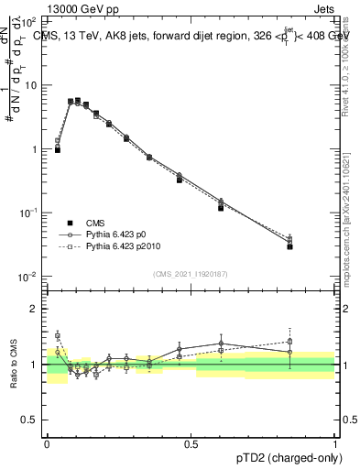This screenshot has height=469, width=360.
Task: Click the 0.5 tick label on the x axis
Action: pos(191,443)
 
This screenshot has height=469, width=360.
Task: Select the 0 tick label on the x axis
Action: pos(47,443)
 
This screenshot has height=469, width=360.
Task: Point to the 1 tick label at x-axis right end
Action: pos(334,443)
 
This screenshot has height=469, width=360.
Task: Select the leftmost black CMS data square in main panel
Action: pos(57,149)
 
